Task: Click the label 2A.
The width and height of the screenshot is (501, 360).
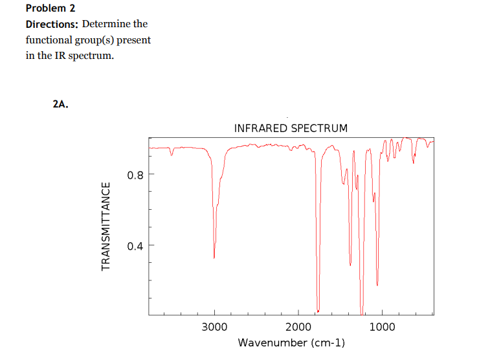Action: [60, 104]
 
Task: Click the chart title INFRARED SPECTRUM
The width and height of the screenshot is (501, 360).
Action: [291, 128]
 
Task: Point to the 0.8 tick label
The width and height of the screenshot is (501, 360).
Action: [135, 174]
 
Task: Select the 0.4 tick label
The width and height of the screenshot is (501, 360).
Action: [135, 245]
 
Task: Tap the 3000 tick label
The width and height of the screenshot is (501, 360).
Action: [214, 327]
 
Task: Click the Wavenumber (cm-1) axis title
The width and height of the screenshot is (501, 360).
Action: [291, 343]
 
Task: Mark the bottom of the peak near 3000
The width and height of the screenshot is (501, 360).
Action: [214, 258]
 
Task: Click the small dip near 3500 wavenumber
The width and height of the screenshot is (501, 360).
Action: [172, 155]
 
